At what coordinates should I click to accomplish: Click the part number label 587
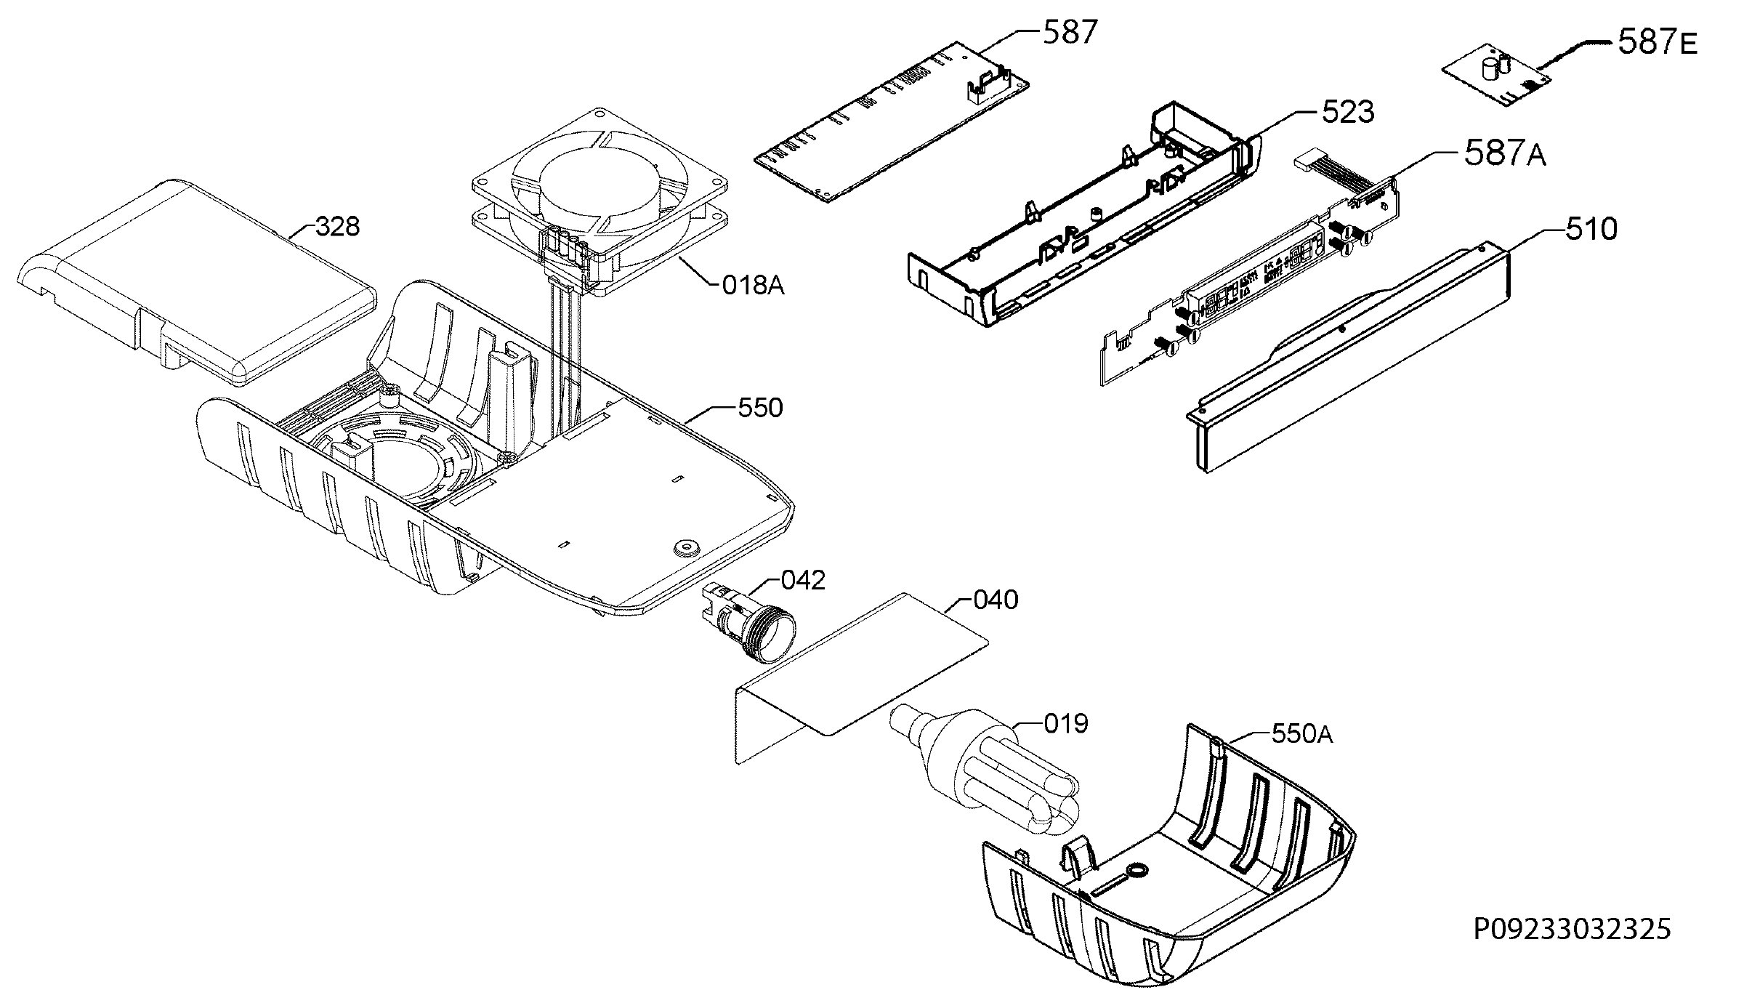click(x=1070, y=33)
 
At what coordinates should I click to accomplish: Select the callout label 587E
click(x=1658, y=43)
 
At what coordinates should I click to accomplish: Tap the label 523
click(x=1348, y=113)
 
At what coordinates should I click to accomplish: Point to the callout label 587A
click(x=1505, y=154)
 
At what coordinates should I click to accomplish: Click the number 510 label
click(x=1591, y=229)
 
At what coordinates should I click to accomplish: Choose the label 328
click(x=338, y=227)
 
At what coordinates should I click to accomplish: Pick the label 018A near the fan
click(x=754, y=286)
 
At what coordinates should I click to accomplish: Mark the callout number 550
click(x=760, y=408)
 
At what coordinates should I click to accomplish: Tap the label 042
click(x=804, y=580)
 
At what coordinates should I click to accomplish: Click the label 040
click(x=996, y=600)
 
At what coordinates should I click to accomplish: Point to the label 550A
click(x=1303, y=734)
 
